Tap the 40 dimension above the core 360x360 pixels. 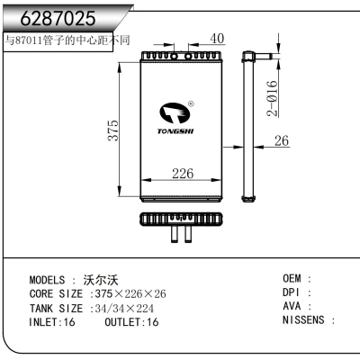pos(217,39)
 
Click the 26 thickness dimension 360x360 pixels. pos(280,140)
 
